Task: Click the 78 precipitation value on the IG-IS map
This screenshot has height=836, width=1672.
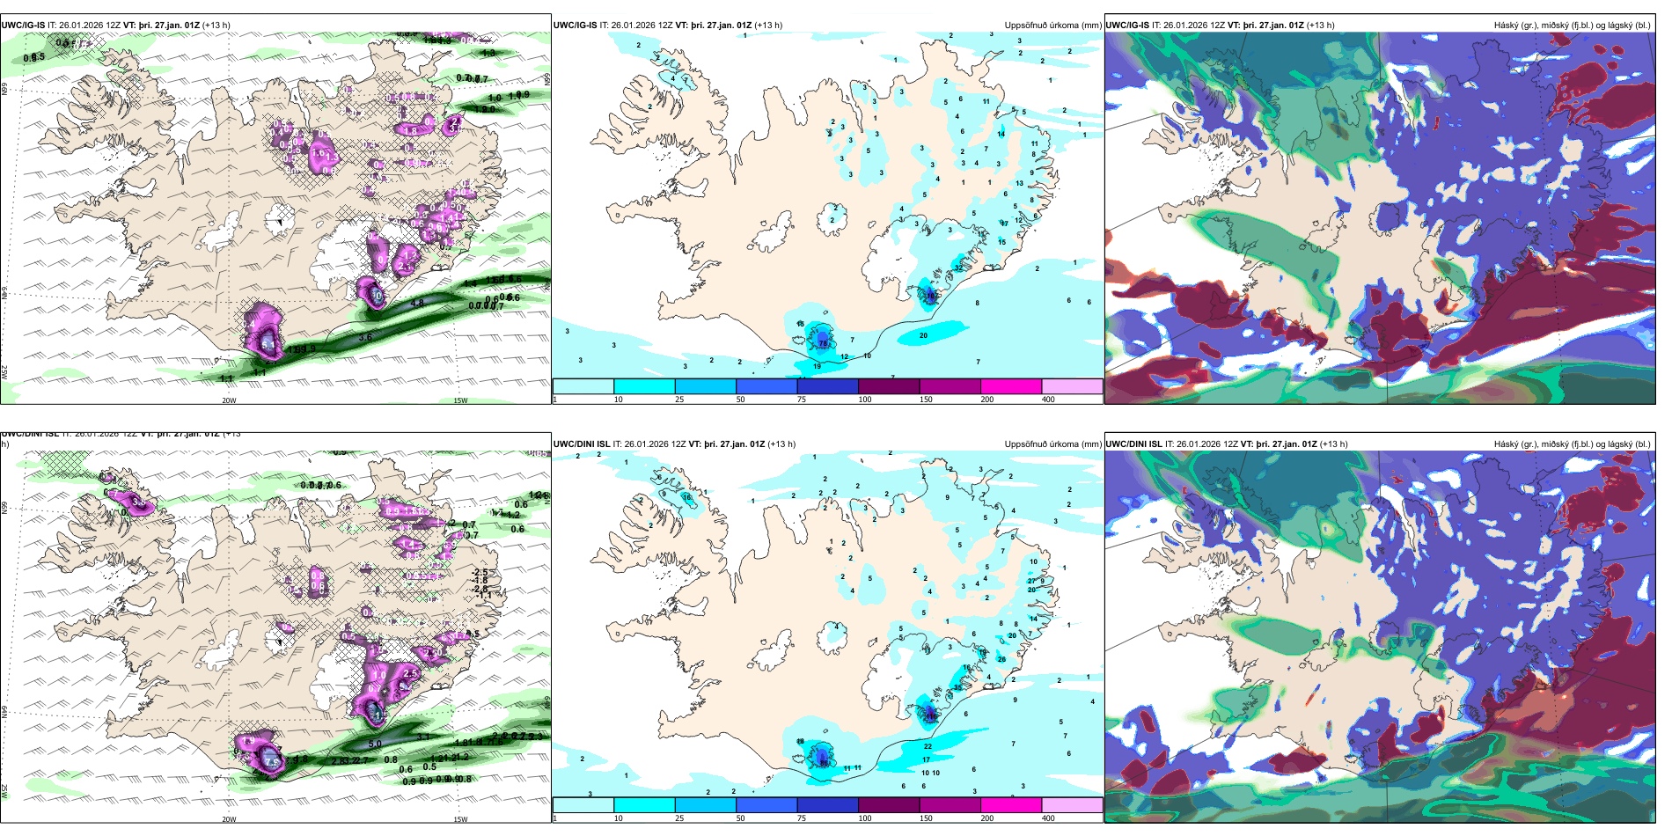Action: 824,343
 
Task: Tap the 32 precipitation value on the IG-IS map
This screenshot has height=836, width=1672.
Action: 958,268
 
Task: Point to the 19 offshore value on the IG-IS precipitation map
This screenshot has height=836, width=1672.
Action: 817,366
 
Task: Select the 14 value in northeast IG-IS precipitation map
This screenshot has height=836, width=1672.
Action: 1001,135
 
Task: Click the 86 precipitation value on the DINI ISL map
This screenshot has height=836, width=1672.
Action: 824,763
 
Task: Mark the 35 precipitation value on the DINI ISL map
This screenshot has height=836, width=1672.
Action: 957,687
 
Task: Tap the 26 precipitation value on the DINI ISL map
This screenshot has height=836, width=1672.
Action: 1001,659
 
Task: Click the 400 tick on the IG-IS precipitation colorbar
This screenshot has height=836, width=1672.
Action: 1048,400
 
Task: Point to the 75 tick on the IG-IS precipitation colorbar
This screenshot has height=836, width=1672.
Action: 802,400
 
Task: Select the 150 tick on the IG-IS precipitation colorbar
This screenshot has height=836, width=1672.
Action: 925,400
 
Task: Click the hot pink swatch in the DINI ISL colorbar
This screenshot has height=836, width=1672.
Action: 1010,804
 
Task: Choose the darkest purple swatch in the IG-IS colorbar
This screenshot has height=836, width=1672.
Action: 888,385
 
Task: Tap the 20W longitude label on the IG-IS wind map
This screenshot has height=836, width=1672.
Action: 229,400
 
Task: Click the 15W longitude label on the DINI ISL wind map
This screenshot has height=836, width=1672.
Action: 459,819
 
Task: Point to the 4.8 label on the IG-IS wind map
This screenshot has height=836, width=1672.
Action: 417,303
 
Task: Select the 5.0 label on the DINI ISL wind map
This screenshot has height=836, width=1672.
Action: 374,744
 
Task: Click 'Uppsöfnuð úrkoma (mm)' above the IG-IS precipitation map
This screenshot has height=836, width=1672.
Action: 1052,26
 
